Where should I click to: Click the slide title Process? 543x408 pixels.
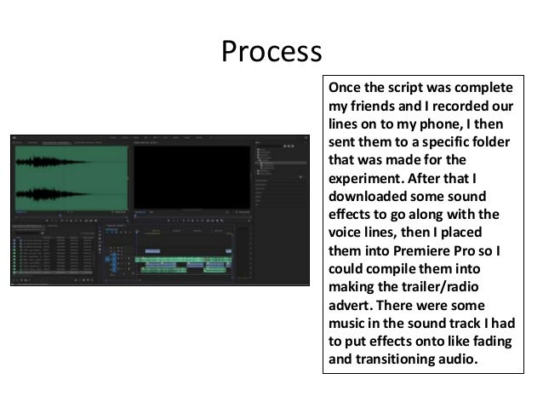pos(271,52)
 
